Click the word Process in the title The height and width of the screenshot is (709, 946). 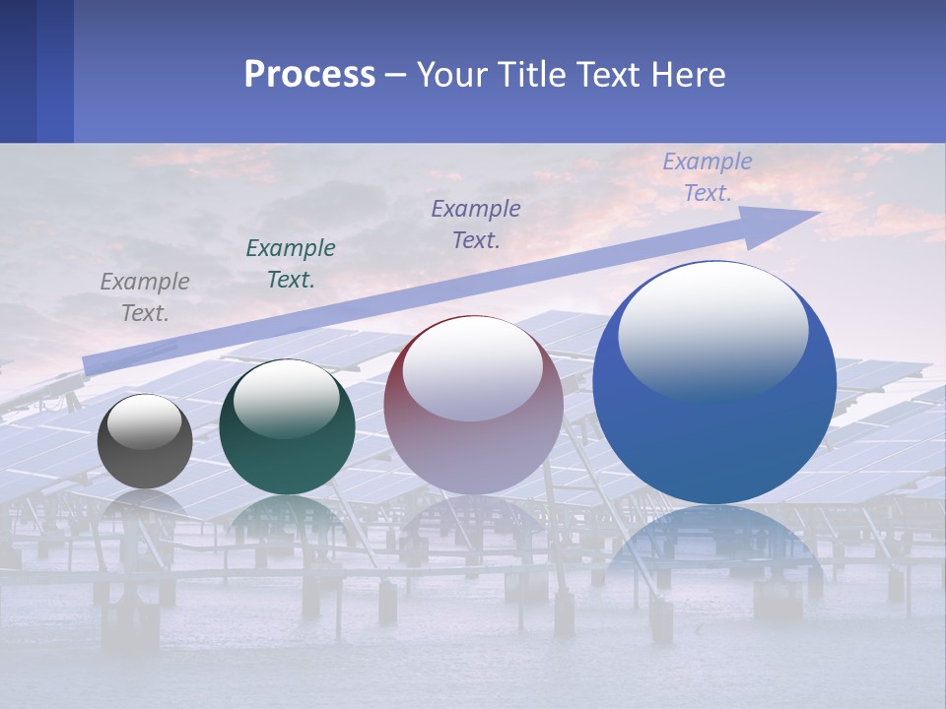tap(309, 75)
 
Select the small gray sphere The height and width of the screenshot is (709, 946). tap(145, 441)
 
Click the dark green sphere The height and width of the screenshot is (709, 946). tap(287, 427)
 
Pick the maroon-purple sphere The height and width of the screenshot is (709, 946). tap(473, 406)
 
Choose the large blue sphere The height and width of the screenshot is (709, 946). tap(714, 382)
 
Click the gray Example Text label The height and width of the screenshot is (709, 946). tap(145, 297)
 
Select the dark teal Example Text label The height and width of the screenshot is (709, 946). tap(291, 264)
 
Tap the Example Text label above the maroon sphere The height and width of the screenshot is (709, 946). tap(476, 224)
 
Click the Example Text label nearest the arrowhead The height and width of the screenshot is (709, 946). tap(708, 177)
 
